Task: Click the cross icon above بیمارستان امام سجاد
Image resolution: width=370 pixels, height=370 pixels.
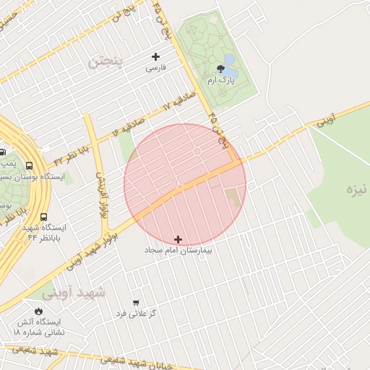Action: [178, 238]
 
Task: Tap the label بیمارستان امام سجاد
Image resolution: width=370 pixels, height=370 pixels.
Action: [178, 249]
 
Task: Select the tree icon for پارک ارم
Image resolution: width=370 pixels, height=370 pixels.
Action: [220, 69]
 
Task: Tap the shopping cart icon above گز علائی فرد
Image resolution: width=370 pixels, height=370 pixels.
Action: [136, 302]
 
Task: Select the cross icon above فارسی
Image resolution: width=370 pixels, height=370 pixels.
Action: [155, 56]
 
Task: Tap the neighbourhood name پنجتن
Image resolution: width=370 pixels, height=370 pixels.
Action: [106, 62]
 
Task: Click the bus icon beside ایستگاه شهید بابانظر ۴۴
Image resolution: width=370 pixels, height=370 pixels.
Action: [44, 217]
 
